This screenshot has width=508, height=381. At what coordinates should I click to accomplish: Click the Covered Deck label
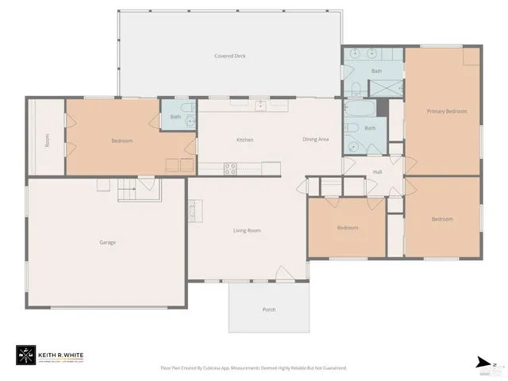[x=229, y=56]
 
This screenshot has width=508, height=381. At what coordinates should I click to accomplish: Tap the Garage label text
[x=107, y=242]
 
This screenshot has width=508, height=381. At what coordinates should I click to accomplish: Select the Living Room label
[x=247, y=231]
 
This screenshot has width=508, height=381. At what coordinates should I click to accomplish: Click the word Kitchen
[x=244, y=140]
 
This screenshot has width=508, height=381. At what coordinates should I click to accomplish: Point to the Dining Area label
[x=315, y=140]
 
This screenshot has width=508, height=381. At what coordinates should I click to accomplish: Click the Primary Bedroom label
[x=446, y=112]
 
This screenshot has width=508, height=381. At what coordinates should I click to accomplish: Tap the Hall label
[x=378, y=171]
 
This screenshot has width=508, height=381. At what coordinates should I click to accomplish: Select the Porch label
[x=269, y=309]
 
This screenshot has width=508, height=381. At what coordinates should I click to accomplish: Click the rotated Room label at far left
[x=48, y=140]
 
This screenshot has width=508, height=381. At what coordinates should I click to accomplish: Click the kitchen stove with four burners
[x=229, y=167]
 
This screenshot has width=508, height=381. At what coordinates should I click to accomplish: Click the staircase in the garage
[x=129, y=190]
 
